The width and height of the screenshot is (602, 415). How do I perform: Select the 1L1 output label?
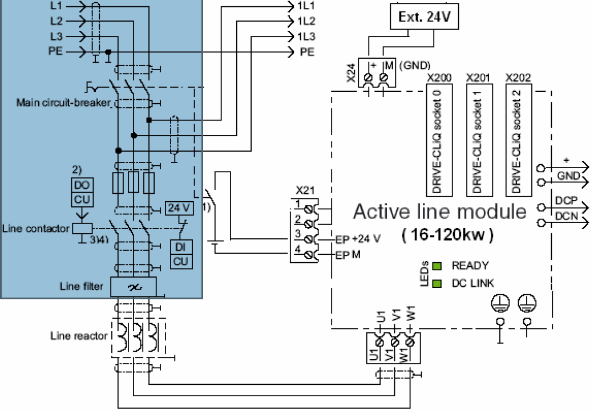click(x=306, y=6)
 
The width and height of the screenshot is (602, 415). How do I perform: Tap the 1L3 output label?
click(x=306, y=36)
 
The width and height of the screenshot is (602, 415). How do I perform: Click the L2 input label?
click(x=56, y=21)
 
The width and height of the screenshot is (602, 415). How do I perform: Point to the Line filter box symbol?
click(x=133, y=286)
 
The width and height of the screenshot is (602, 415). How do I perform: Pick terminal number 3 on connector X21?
click(x=297, y=234)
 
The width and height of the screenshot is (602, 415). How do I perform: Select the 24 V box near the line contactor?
click(x=179, y=208)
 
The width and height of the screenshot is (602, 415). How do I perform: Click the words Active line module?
click(x=439, y=212)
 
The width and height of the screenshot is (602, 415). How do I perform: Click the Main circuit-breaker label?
click(x=63, y=103)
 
